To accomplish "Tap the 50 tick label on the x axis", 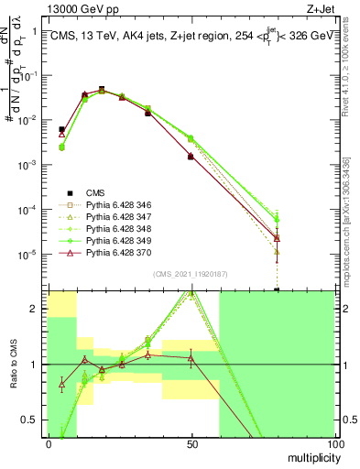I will pyautogui.click(x=191, y=443).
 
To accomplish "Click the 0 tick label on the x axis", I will pyautogui.click(x=48, y=443).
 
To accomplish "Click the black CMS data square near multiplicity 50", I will pyautogui.click(x=191, y=157).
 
